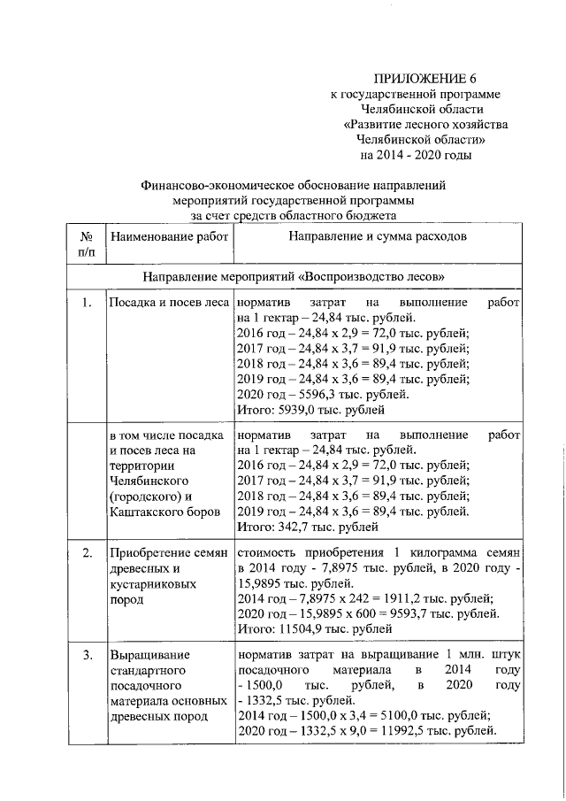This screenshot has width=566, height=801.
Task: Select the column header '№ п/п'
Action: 87,245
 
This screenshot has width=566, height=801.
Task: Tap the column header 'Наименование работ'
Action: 168,237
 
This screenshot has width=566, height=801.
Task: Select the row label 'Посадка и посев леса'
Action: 168,304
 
